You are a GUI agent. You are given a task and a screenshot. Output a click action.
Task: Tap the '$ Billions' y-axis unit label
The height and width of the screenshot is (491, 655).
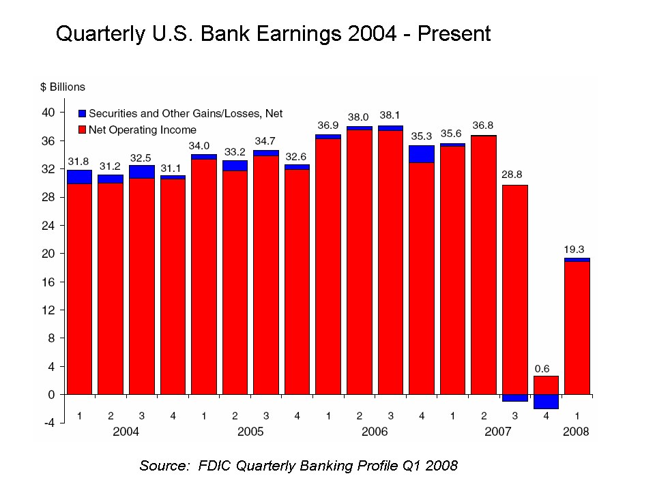[62, 87]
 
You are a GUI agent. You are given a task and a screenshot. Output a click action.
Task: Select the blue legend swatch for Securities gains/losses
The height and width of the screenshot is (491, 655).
[83, 114]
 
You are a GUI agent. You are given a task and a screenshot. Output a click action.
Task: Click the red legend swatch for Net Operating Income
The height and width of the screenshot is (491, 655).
[83, 130]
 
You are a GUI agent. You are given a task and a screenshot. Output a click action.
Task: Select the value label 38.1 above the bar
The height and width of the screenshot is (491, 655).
[391, 116]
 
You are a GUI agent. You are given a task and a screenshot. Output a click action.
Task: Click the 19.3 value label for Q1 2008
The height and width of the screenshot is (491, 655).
[577, 250]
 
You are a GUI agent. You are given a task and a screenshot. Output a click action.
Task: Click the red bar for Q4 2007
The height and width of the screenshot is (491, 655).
[546, 385]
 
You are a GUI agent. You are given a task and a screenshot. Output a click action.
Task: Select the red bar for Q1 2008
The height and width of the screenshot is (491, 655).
[577, 327]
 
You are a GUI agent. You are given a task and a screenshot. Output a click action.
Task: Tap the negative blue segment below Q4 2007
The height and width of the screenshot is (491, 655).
[546, 402]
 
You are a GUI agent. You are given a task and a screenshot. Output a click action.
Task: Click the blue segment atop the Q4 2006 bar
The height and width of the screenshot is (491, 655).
[422, 154]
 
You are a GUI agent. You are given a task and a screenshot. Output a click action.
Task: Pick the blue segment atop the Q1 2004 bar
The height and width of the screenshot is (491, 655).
[79, 177]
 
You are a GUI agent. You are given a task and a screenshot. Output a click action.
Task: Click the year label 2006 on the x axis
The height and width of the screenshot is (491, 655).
[375, 432]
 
